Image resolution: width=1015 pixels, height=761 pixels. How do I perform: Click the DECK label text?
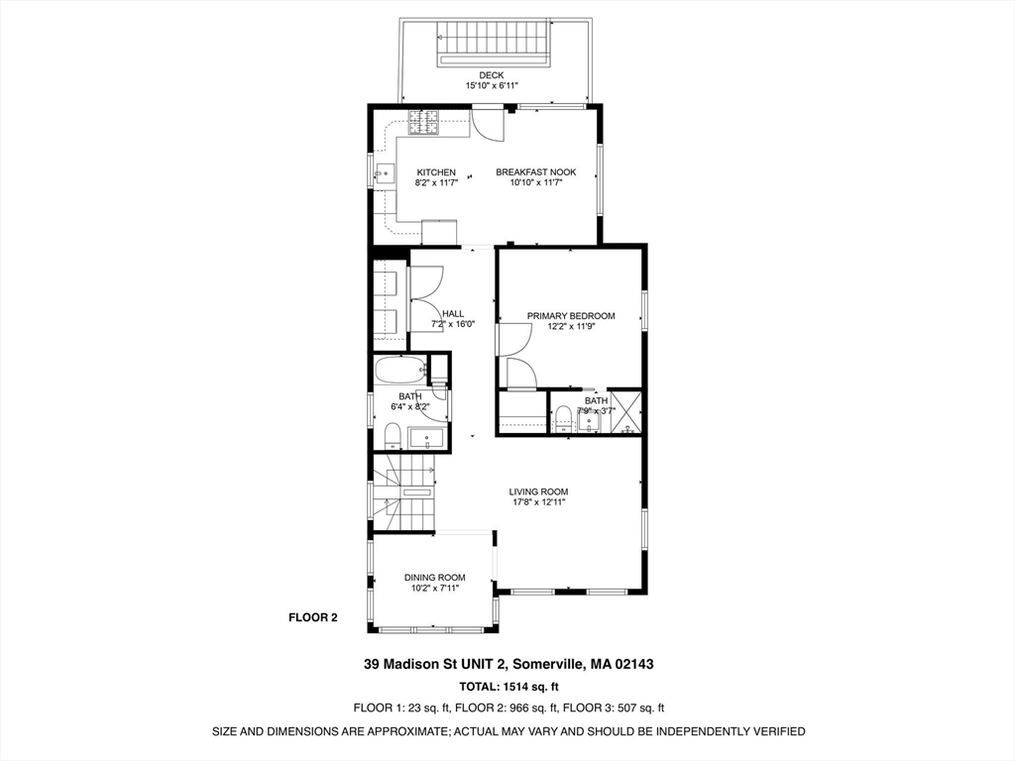click(492, 74)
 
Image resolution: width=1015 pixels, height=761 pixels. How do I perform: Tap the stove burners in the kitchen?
click(425, 124)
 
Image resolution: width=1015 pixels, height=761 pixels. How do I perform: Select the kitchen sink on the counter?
click(384, 174)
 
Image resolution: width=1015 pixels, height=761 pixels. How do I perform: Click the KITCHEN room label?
click(436, 172)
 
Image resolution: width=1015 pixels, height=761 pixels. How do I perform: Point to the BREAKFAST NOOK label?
click(535, 172)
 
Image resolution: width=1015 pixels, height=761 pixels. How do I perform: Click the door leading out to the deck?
click(488, 123)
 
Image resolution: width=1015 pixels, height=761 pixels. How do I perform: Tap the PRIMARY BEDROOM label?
click(571, 316)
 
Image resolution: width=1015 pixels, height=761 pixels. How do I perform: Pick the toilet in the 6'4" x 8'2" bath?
click(391, 436)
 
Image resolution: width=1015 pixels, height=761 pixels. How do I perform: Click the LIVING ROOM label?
click(538, 491)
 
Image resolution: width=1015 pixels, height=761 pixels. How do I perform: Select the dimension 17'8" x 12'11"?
click(538, 502)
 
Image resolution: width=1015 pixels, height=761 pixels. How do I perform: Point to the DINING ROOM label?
click(434, 578)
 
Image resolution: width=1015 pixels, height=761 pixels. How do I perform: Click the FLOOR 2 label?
click(313, 617)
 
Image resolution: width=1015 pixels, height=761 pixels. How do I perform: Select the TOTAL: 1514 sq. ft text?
click(508, 686)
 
